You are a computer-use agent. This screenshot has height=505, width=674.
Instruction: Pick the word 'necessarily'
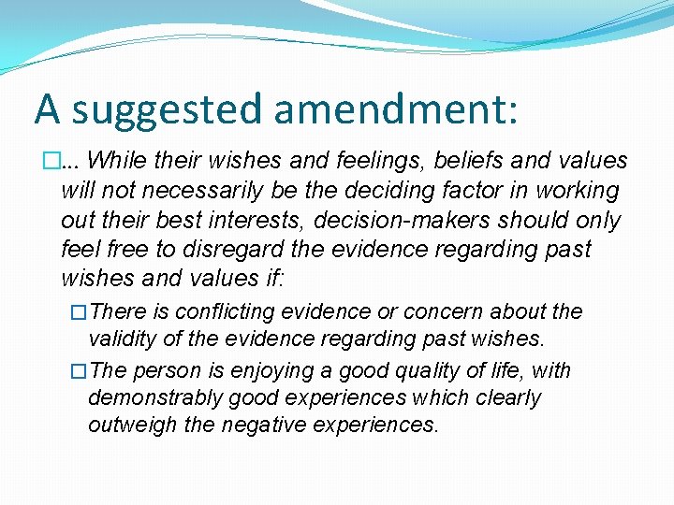click(201, 191)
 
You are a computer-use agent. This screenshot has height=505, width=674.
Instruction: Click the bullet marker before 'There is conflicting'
click(79, 312)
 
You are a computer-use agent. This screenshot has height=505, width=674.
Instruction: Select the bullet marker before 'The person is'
click(79, 371)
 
